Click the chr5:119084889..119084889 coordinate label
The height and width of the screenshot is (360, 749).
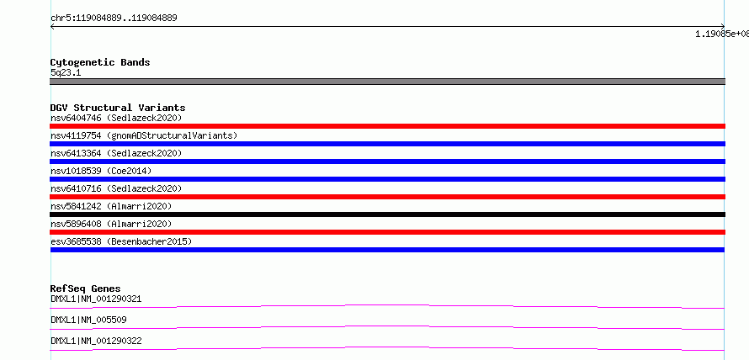click(x=114, y=19)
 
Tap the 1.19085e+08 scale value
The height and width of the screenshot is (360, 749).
click(x=722, y=34)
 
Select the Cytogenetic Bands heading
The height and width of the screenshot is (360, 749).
click(x=100, y=62)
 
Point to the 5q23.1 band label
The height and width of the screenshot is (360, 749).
click(x=66, y=72)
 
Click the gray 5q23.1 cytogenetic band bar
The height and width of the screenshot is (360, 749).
click(x=387, y=82)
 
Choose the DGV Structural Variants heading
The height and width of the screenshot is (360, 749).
click(x=118, y=108)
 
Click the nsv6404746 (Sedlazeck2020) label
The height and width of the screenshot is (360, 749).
click(x=116, y=118)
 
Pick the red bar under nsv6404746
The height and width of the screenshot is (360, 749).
click(x=387, y=126)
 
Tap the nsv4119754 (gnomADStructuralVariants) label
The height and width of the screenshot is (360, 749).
click(x=144, y=135)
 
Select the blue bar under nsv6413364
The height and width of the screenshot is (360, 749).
click(x=387, y=161)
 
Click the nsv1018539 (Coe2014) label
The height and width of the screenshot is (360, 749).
click(x=101, y=171)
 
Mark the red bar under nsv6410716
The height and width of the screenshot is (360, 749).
click(x=387, y=197)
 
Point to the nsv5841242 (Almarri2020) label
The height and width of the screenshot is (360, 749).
click(x=111, y=206)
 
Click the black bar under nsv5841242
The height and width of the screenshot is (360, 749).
click(x=387, y=214)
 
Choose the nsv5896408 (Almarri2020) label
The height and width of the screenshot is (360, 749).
click(x=111, y=224)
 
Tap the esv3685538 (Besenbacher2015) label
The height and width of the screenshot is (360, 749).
click(x=121, y=241)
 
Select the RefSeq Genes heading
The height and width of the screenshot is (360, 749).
click(x=86, y=289)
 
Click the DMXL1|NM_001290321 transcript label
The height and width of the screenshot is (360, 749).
click(x=96, y=299)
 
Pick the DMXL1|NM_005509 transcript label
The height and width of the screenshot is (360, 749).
click(x=88, y=320)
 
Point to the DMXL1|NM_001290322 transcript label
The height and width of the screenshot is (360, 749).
click(x=96, y=341)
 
